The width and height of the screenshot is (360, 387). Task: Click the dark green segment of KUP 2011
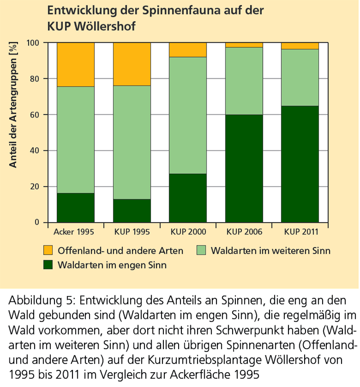pos(300,164)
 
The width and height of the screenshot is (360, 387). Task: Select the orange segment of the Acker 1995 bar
pos(76,64)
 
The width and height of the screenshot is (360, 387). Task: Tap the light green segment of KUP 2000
pos(188,115)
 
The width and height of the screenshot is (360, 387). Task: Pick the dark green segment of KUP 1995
pos(131,211)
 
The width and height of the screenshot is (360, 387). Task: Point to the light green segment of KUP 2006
pos(244,81)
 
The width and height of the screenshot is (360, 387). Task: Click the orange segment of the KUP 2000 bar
pos(188,50)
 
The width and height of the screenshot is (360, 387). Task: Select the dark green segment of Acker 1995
pos(76,208)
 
